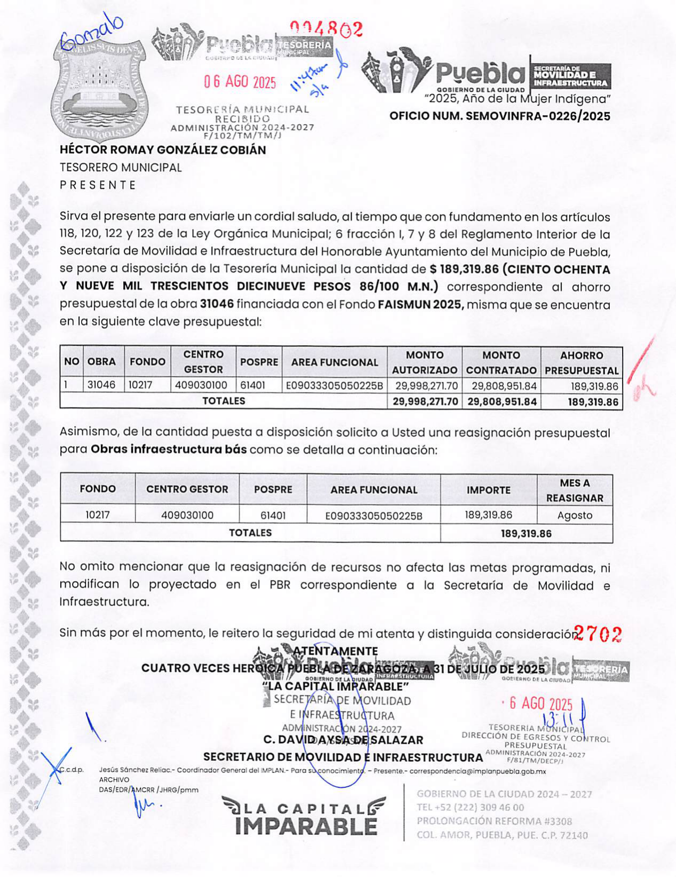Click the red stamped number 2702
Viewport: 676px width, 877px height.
tap(598, 634)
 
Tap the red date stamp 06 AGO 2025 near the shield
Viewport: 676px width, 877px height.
tap(240, 82)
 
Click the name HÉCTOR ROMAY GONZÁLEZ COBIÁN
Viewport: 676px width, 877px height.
tap(163, 150)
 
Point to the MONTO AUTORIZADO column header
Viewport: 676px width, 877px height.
tap(425, 362)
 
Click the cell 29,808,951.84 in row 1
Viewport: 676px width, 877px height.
tap(501, 386)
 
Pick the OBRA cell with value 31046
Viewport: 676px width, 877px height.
tap(101, 385)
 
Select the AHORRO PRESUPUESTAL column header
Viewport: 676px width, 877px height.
tap(581, 362)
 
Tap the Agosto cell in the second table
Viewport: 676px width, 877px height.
tap(575, 515)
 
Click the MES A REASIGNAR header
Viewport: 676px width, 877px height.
tap(575, 490)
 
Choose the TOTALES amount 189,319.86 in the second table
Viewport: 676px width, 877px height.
tap(526, 533)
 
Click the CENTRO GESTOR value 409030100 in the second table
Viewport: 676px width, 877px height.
tap(187, 515)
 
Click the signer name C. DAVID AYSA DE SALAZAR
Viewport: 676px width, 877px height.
tap(343, 740)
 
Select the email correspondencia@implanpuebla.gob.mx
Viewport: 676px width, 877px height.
tap(478, 771)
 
